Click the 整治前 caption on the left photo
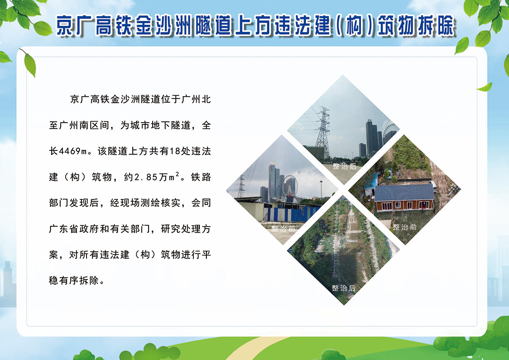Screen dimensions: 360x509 (x=283, y=228)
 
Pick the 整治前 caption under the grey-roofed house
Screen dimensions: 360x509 (x=404, y=227)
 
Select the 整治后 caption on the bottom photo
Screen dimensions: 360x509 (x=344, y=288)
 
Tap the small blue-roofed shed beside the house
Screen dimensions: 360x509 (x=370, y=191)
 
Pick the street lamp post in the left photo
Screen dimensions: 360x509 (x=320, y=192)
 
